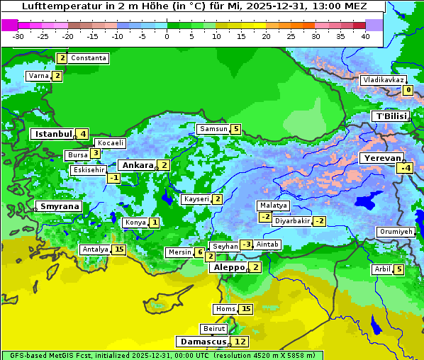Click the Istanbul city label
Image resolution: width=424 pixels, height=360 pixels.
(53, 134)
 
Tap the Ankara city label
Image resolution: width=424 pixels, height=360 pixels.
(138, 165)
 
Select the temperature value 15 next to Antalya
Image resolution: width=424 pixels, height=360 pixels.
(119, 249)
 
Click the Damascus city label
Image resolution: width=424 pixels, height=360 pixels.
(202, 342)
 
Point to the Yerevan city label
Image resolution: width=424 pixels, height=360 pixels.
(381, 158)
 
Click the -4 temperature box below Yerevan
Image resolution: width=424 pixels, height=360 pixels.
(405, 168)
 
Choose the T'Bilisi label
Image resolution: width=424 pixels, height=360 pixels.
(391, 116)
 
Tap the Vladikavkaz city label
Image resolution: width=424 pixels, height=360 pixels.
(383, 80)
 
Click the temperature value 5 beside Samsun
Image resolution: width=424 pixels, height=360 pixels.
(235, 129)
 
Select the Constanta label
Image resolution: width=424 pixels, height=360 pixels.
(89, 58)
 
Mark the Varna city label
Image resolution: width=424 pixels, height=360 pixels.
(38, 76)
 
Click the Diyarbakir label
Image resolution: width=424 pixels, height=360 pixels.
(292, 221)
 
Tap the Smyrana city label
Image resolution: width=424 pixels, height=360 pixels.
(59, 206)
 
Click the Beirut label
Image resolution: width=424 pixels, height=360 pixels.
(214, 329)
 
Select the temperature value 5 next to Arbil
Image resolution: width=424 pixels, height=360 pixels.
(399, 269)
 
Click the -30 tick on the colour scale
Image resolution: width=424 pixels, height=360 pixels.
(18, 35)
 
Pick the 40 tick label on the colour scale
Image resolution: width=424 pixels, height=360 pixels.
(365, 35)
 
